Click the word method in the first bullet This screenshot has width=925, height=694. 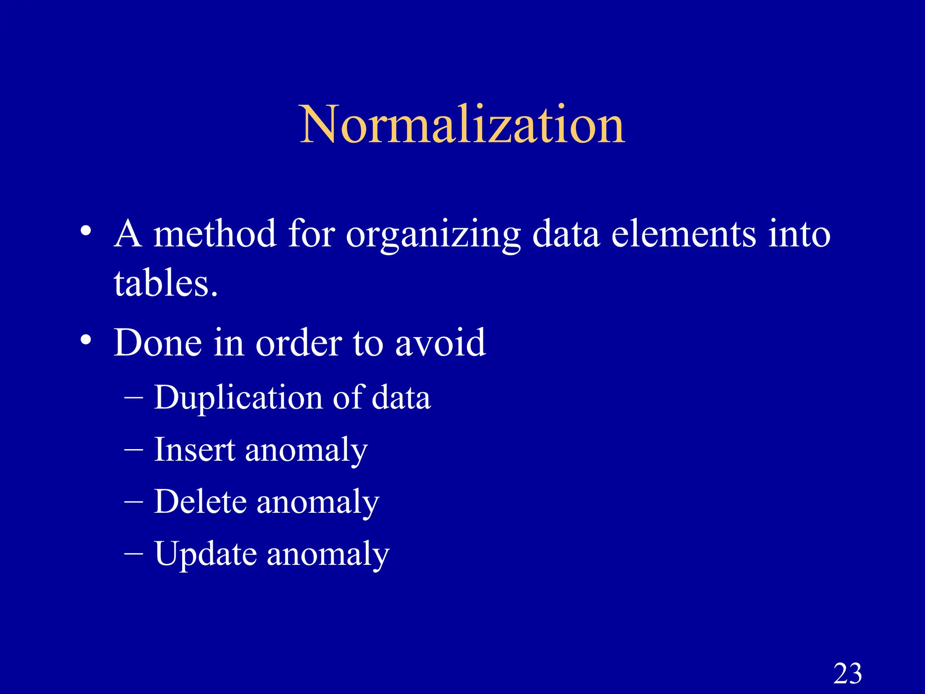coord(215,234)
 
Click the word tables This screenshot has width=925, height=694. coord(165,284)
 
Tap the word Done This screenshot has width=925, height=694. coord(158,342)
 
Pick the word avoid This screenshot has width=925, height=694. coord(440,342)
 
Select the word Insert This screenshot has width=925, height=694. coord(194,450)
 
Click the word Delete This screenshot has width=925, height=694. coord(200,502)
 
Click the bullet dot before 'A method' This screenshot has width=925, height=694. coord(86,231)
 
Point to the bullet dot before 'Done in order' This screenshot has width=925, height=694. coord(86,339)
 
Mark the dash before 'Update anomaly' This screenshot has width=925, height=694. coord(134,553)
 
